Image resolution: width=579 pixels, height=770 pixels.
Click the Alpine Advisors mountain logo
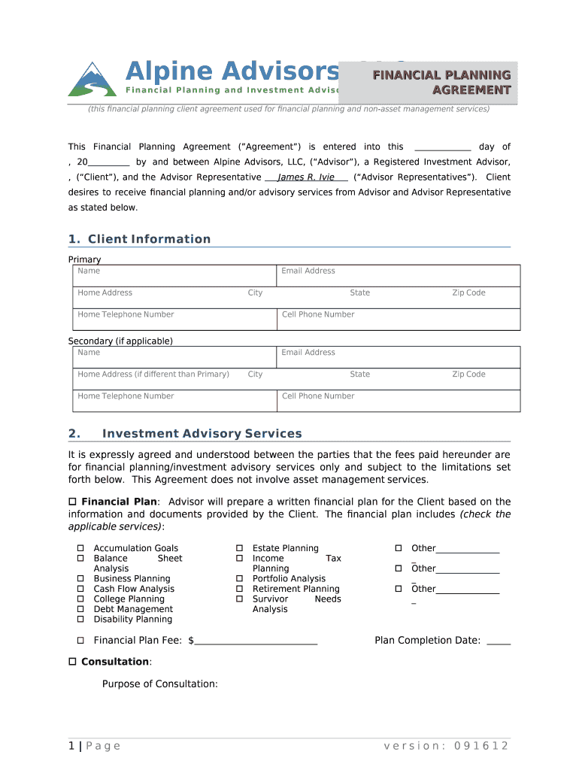pos(92,79)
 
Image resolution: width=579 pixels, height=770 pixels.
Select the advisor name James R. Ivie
pos(306,177)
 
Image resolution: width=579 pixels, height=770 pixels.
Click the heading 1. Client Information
pos(139,239)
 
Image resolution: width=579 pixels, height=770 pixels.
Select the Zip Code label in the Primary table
pos(468,293)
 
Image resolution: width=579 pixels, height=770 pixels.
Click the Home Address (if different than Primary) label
pos(153,374)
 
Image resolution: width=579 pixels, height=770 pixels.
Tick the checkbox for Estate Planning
pos(240,549)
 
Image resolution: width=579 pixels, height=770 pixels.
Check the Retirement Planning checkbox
pos(240,590)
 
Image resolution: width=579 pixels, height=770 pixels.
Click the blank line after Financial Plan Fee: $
pos(256,641)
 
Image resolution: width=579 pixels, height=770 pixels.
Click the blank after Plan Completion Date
pos(499,641)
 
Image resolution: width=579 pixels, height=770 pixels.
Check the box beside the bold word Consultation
pos(73,662)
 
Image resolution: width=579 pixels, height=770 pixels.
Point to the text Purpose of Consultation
pos(160,684)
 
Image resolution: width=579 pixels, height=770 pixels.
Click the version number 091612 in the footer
pos(477,746)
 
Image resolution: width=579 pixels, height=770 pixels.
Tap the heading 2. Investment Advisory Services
pos(202,434)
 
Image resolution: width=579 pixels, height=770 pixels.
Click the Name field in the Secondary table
pos(174,356)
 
